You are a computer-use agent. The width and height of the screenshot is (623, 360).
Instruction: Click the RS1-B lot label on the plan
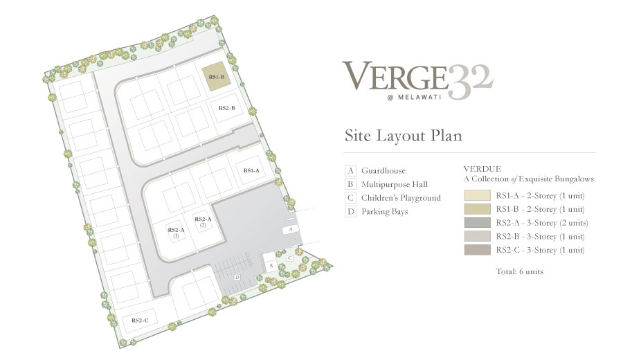[x=217, y=77]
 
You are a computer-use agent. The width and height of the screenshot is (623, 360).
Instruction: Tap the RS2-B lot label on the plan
[x=227, y=108]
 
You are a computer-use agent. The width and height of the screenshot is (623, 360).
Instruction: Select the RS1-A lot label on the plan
[x=251, y=170]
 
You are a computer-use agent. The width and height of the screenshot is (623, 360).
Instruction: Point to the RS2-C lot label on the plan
[x=140, y=321]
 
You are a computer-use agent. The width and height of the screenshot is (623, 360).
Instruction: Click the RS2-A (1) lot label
[x=176, y=233]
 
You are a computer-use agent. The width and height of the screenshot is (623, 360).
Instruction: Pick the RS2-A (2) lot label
[x=203, y=222]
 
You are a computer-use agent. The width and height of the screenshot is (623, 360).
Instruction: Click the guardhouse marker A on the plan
[x=291, y=229]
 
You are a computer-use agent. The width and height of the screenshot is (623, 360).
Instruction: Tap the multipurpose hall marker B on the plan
[x=271, y=265]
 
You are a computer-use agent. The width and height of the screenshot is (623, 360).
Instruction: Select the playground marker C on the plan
[x=290, y=258]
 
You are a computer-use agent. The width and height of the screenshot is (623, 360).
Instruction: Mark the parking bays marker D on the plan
[x=237, y=278]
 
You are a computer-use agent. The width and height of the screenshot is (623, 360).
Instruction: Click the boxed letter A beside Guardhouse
[x=350, y=171]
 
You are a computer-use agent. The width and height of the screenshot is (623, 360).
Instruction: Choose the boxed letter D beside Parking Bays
[x=350, y=211]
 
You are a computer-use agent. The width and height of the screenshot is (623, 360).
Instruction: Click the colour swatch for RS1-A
[x=477, y=195]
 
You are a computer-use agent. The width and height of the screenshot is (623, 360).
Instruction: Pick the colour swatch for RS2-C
[x=477, y=250]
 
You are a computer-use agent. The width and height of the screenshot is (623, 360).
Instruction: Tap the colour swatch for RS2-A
[x=477, y=222]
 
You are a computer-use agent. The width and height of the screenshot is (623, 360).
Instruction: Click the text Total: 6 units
[x=520, y=272]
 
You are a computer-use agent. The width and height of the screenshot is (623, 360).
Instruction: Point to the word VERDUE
[x=482, y=169]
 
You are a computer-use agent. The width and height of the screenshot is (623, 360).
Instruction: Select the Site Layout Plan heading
[x=404, y=136]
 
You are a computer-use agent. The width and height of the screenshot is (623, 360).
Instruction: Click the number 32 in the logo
[x=471, y=82]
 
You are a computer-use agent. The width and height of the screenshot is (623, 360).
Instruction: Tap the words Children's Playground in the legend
[x=401, y=198]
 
